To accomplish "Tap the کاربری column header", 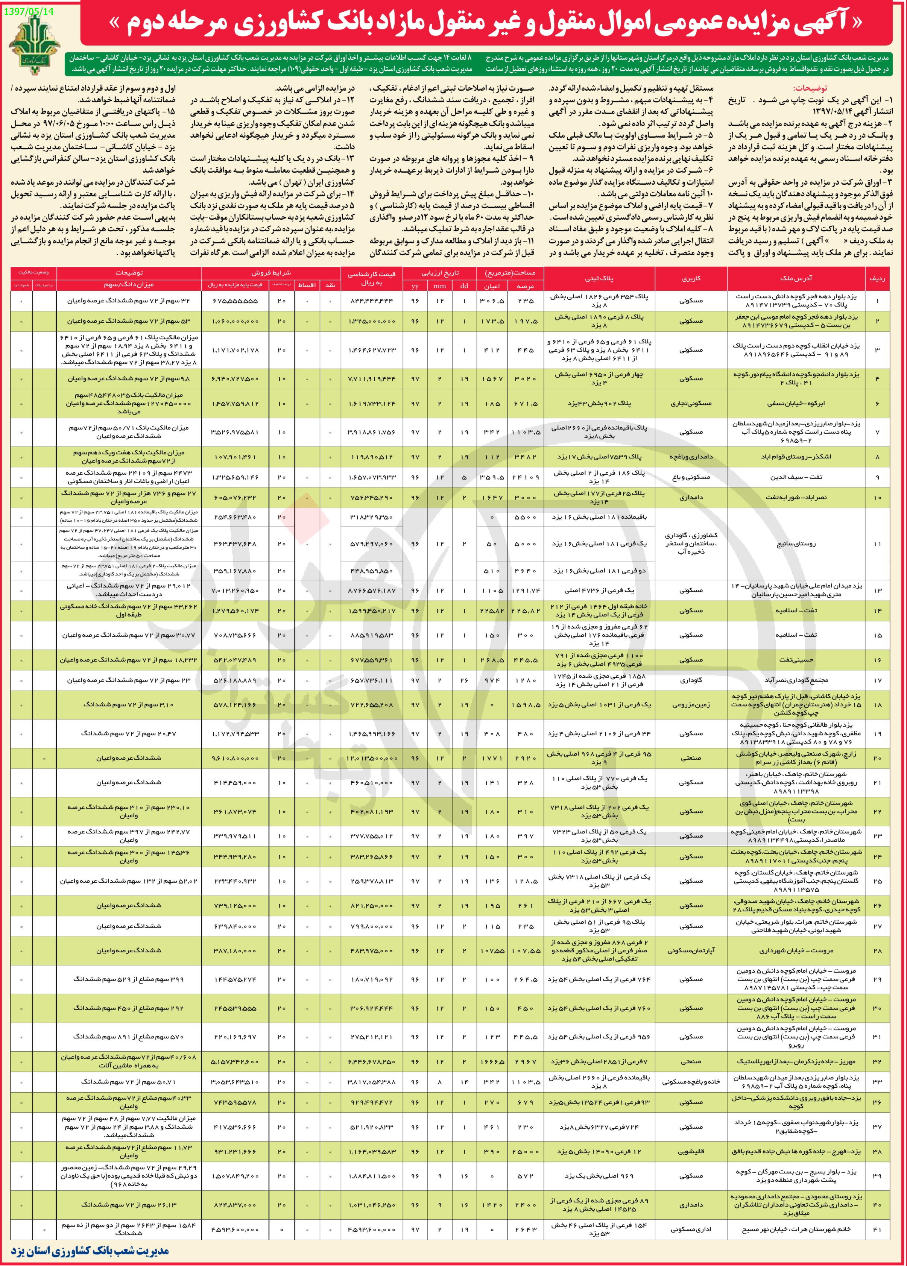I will pyautogui.click(x=691, y=278).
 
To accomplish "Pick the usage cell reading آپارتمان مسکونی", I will pyautogui.click(x=691, y=950).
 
